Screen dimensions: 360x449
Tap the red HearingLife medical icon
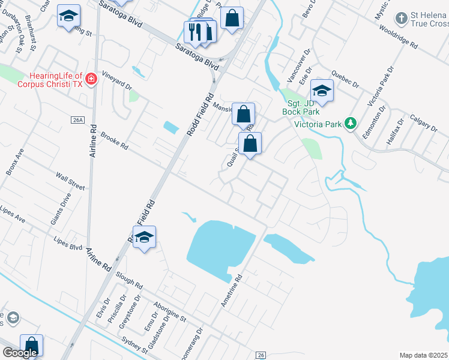tap(91, 79)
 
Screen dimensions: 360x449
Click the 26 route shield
tap(261, 355)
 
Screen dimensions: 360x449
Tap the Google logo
tap(20, 353)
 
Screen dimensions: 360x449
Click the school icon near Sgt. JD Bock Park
tap(322, 90)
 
